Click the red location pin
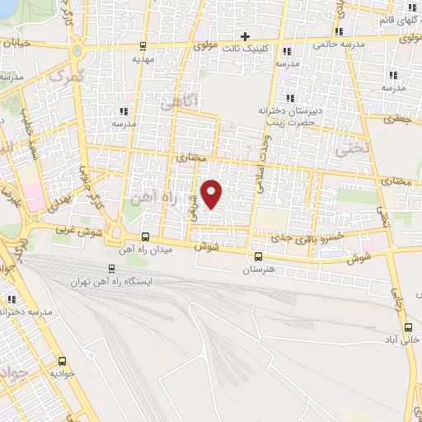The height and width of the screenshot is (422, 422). pos(213,194)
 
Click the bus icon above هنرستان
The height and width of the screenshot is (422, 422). pos(259,256)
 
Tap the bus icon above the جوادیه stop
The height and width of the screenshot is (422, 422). pos(63,361)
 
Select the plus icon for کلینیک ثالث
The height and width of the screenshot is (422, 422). pos(245,35)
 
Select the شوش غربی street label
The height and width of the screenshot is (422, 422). pos(77,233)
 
